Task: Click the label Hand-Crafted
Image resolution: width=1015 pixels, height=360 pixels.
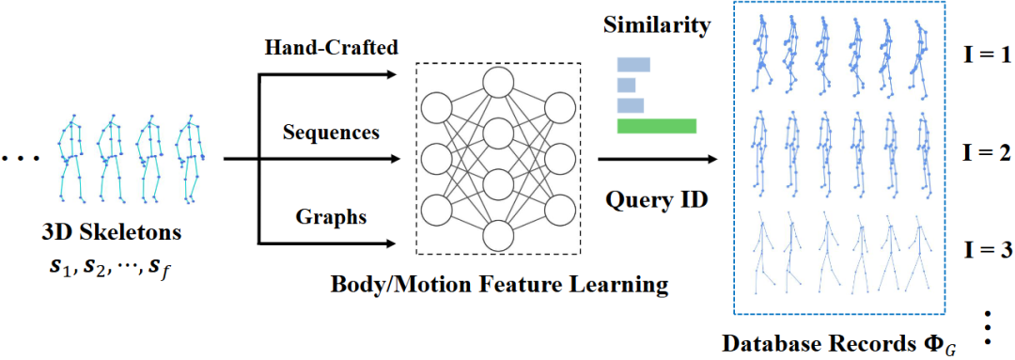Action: [332, 49]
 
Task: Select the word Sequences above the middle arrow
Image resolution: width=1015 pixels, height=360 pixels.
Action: [332, 133]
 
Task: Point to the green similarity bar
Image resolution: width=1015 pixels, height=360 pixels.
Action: [656, 126]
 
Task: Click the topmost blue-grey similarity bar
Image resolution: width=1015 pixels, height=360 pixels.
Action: [633, 64]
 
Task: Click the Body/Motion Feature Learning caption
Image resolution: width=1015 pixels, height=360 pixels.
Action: [499, 284]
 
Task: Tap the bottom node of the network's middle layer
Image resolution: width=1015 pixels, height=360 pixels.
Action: [498, 236]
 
